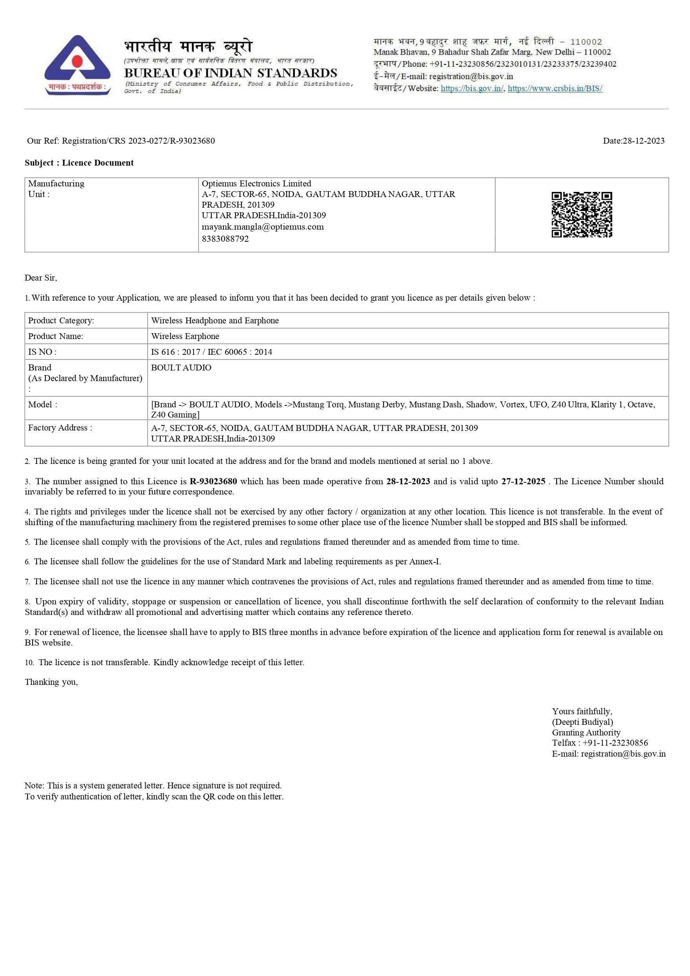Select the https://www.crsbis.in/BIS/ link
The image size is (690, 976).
(x=555, y=88)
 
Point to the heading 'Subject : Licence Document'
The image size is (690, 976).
(x=79, y=163)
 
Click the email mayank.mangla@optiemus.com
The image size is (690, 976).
(x=262, y=227)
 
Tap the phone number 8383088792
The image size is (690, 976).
(x=225, y=239)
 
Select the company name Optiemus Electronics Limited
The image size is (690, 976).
(x=256, y=184)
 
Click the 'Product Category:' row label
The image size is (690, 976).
(x=61, y=321)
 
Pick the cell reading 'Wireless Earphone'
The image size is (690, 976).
(x=185, y=336)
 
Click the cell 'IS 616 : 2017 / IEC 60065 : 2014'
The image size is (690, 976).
(x=211, y=352)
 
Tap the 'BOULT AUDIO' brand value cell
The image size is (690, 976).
(x=181, y=368)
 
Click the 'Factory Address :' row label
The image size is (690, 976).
(x=60, y=428)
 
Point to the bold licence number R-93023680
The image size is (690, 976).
(x=213, y=481)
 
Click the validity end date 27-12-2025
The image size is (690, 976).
(x=523, y=481)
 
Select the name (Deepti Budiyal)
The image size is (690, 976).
(x=582, y=722)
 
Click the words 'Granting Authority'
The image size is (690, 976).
(x=586, y=732)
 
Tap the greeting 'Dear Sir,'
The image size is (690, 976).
(x=41, y=278)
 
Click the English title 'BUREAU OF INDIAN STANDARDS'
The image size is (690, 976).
(x=231, y=73)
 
